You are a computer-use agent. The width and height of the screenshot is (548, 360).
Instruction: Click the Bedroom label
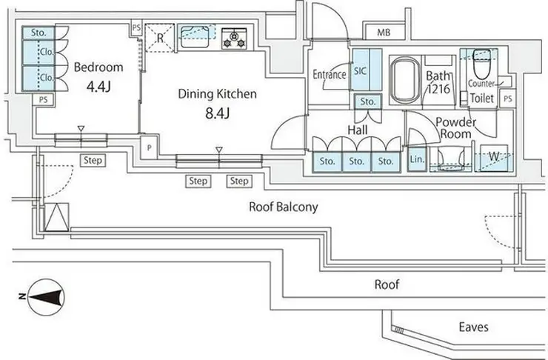(x=98, y=67)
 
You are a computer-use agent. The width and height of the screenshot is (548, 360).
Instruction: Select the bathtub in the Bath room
(x=403, y=79)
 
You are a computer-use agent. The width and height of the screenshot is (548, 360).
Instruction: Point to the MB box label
(x=383, y=33)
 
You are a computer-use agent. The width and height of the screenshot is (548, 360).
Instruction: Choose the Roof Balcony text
(x=283, y=207)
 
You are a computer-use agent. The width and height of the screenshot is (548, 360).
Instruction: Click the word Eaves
(x=473, y=327)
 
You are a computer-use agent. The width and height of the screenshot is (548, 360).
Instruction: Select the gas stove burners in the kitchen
(x=235, y=36)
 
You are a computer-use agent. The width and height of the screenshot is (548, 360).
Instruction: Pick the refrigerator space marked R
(x=160, y=36)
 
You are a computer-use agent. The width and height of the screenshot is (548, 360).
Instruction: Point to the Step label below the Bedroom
(x=93, y=160)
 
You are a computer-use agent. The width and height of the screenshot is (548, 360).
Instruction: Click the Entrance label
(x=330, y=75)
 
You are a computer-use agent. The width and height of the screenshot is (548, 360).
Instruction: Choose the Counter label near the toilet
(x=481, y=84)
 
